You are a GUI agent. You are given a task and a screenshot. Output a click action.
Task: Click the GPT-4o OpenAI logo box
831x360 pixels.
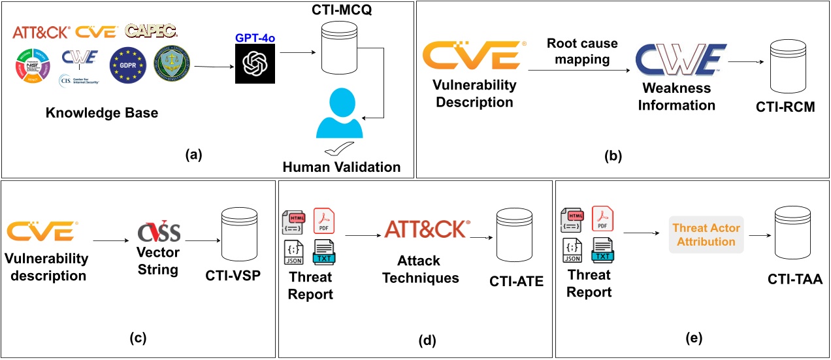point(256,64)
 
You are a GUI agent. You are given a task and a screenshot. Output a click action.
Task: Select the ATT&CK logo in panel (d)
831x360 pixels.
point(427,229)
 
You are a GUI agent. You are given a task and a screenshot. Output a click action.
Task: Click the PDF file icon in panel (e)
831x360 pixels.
point(602,218)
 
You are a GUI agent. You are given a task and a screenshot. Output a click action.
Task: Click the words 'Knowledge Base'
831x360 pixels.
point(101,113)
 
